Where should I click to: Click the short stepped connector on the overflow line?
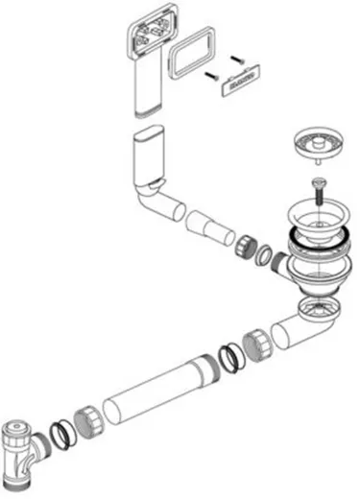pyautogui.click(x=210, y=226)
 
